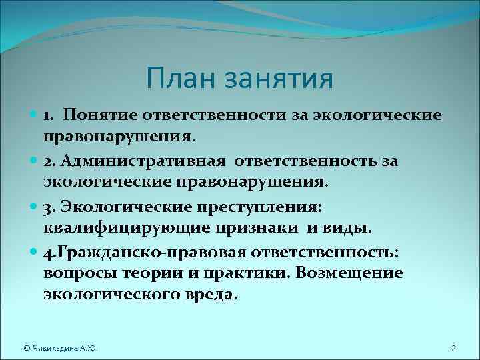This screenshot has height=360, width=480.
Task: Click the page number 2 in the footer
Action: point(453,349)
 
